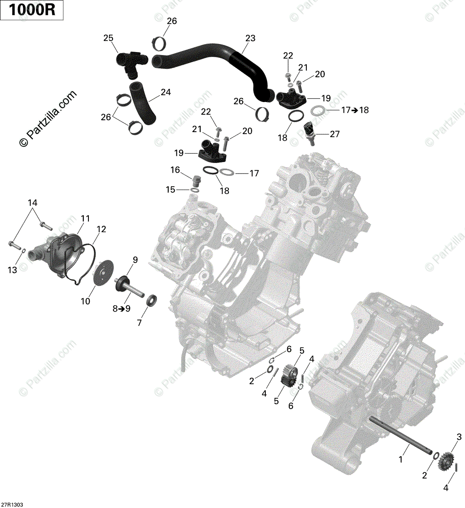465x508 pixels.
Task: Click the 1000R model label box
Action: pos(32,10)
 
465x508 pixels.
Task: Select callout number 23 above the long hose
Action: pos(250,39)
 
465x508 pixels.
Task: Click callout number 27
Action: pos(335,134)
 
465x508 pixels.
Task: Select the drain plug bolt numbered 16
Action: pos(196,182)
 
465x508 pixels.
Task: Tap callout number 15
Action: pos(170,190)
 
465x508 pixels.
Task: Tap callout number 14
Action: pos(33,203)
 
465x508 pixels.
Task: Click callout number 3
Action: pos(458,436)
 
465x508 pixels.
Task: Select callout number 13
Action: pos(13,270)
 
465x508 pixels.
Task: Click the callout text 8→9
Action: pos(121,309)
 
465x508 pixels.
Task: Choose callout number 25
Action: pos(108,39)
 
